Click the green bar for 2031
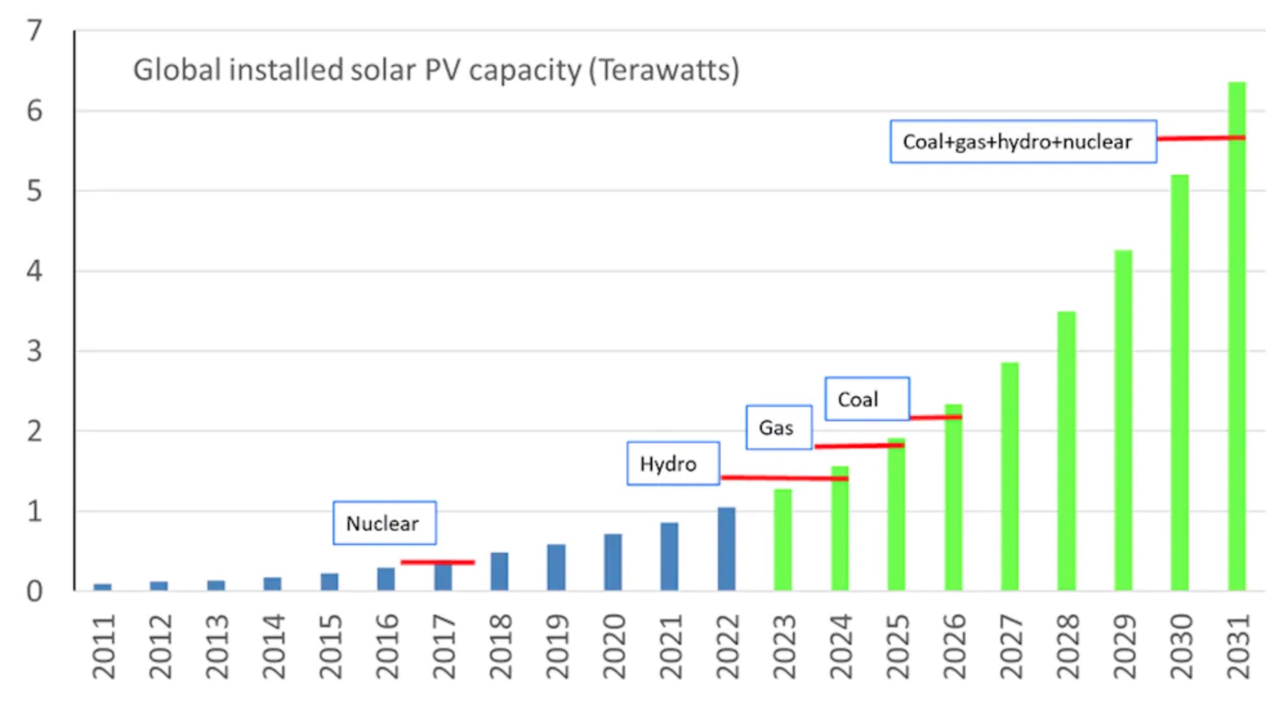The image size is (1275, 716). coord(1236,335)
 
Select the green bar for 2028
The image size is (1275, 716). coord(1066,452)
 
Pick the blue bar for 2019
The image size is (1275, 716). coord(556,568)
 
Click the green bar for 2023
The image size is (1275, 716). coord(783,541)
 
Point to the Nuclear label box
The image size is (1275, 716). coord(384,523)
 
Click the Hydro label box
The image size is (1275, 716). coord(673,464)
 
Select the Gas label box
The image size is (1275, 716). coord(779,428)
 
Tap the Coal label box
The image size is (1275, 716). coord(867,399)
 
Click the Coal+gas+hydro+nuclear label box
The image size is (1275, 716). coord(1023,141)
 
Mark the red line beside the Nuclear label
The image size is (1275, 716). coord(438,562)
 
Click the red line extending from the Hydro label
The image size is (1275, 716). coord(784,478)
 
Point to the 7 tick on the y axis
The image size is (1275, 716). coord(35,30)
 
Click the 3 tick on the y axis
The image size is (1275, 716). coord(35,352)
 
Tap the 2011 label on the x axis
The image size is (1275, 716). coord(103,647)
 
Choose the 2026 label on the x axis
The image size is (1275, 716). coord(954,647)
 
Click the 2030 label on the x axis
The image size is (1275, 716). coord(1181,647)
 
